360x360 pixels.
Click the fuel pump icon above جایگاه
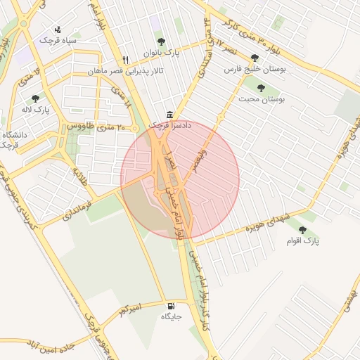(172, 307)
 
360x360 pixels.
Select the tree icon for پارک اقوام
(302, 230)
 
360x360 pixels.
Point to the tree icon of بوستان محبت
(262, 89)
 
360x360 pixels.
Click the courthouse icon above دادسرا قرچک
(169, 115)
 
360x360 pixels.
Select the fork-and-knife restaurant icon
(125, 60)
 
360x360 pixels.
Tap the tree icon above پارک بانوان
(161, 41)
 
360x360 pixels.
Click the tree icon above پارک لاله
(36, 98)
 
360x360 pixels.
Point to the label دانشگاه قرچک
(16, 139)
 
